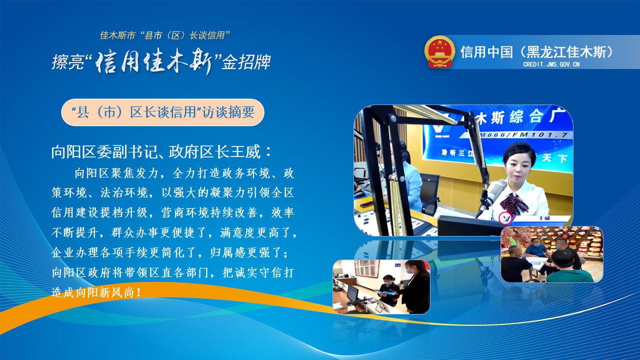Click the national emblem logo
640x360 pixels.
tap(439, 51)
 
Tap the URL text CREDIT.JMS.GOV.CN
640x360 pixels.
tap(551, 64)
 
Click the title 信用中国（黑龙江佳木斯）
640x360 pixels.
tap(537, 51)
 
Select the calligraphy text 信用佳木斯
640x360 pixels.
tap(154, 61)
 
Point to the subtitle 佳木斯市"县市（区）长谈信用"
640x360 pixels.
tap(165, 35)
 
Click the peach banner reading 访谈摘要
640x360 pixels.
tap(163, 112)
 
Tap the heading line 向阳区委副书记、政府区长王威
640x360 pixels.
tap(161, 151)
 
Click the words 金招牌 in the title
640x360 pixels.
tap(246, 62)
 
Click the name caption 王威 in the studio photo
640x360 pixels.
tap(544, 218)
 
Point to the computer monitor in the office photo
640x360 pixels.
tap(351, 294)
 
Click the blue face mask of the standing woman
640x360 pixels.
tap(409, 271)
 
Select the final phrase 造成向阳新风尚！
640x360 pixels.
tap(96, 292)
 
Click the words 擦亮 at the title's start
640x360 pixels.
tap(68, 62)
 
